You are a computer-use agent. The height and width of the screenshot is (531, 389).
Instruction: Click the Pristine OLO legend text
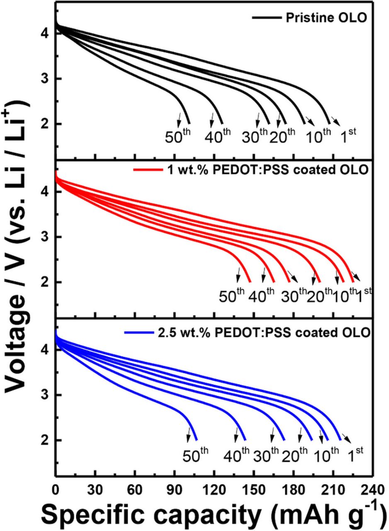[x=326, y=18]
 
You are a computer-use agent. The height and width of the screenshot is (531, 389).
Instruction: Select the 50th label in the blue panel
[x=196, y=455]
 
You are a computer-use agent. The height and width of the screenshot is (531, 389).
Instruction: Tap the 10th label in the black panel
[x=318, y=136]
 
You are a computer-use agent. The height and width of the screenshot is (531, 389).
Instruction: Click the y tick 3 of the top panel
[x=46, y=78]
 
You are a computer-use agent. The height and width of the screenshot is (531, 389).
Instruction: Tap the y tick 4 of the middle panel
[x=46, y=192]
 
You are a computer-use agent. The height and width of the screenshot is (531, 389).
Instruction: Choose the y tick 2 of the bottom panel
[x=46, y=440]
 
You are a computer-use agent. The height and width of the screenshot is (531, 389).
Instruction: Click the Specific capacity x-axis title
[x=214, y=514]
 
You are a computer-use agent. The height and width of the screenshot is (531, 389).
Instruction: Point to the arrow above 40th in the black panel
[x=212, y=119]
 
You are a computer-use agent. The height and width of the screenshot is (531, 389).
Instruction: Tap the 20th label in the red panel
[x=319, y=295]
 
